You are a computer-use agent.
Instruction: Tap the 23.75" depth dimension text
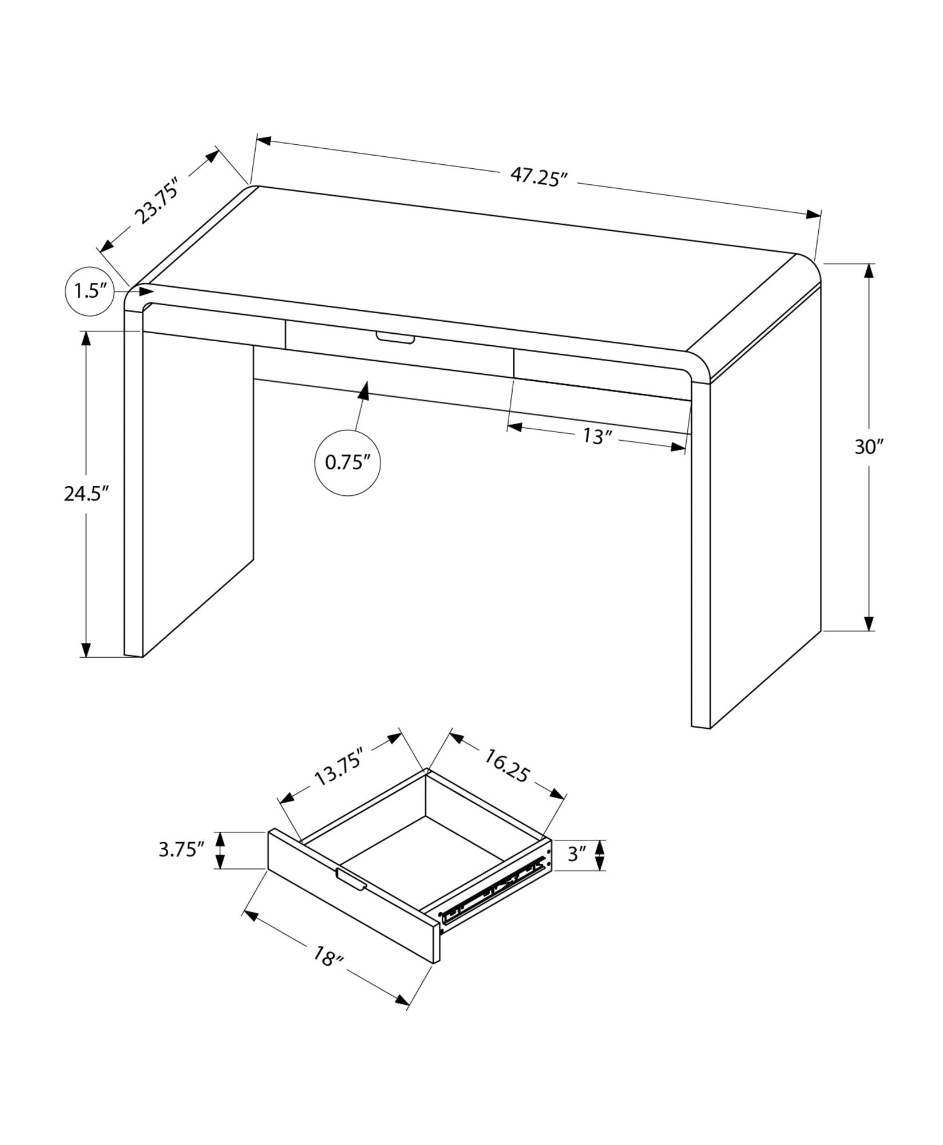156,200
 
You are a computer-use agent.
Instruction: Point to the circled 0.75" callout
347,462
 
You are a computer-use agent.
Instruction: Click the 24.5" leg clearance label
86,493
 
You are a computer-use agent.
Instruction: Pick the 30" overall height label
869,447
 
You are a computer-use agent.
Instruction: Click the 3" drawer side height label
576,871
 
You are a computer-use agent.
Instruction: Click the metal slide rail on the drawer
492,905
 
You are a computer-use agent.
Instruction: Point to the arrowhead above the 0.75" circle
363,391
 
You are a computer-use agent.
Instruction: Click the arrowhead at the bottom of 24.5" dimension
86,649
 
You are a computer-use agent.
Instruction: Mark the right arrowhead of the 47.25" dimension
813,214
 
